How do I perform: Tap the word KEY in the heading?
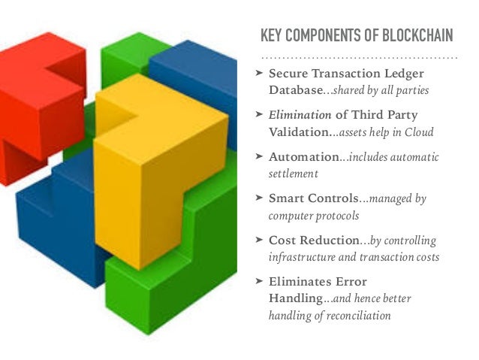272,35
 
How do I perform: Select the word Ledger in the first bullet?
404,73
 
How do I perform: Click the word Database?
297,91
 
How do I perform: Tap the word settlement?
294,174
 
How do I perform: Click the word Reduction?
333,241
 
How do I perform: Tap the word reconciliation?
351,316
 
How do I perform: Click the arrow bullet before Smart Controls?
258,198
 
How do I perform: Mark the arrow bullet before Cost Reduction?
258,241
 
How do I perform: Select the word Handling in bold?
295,299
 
